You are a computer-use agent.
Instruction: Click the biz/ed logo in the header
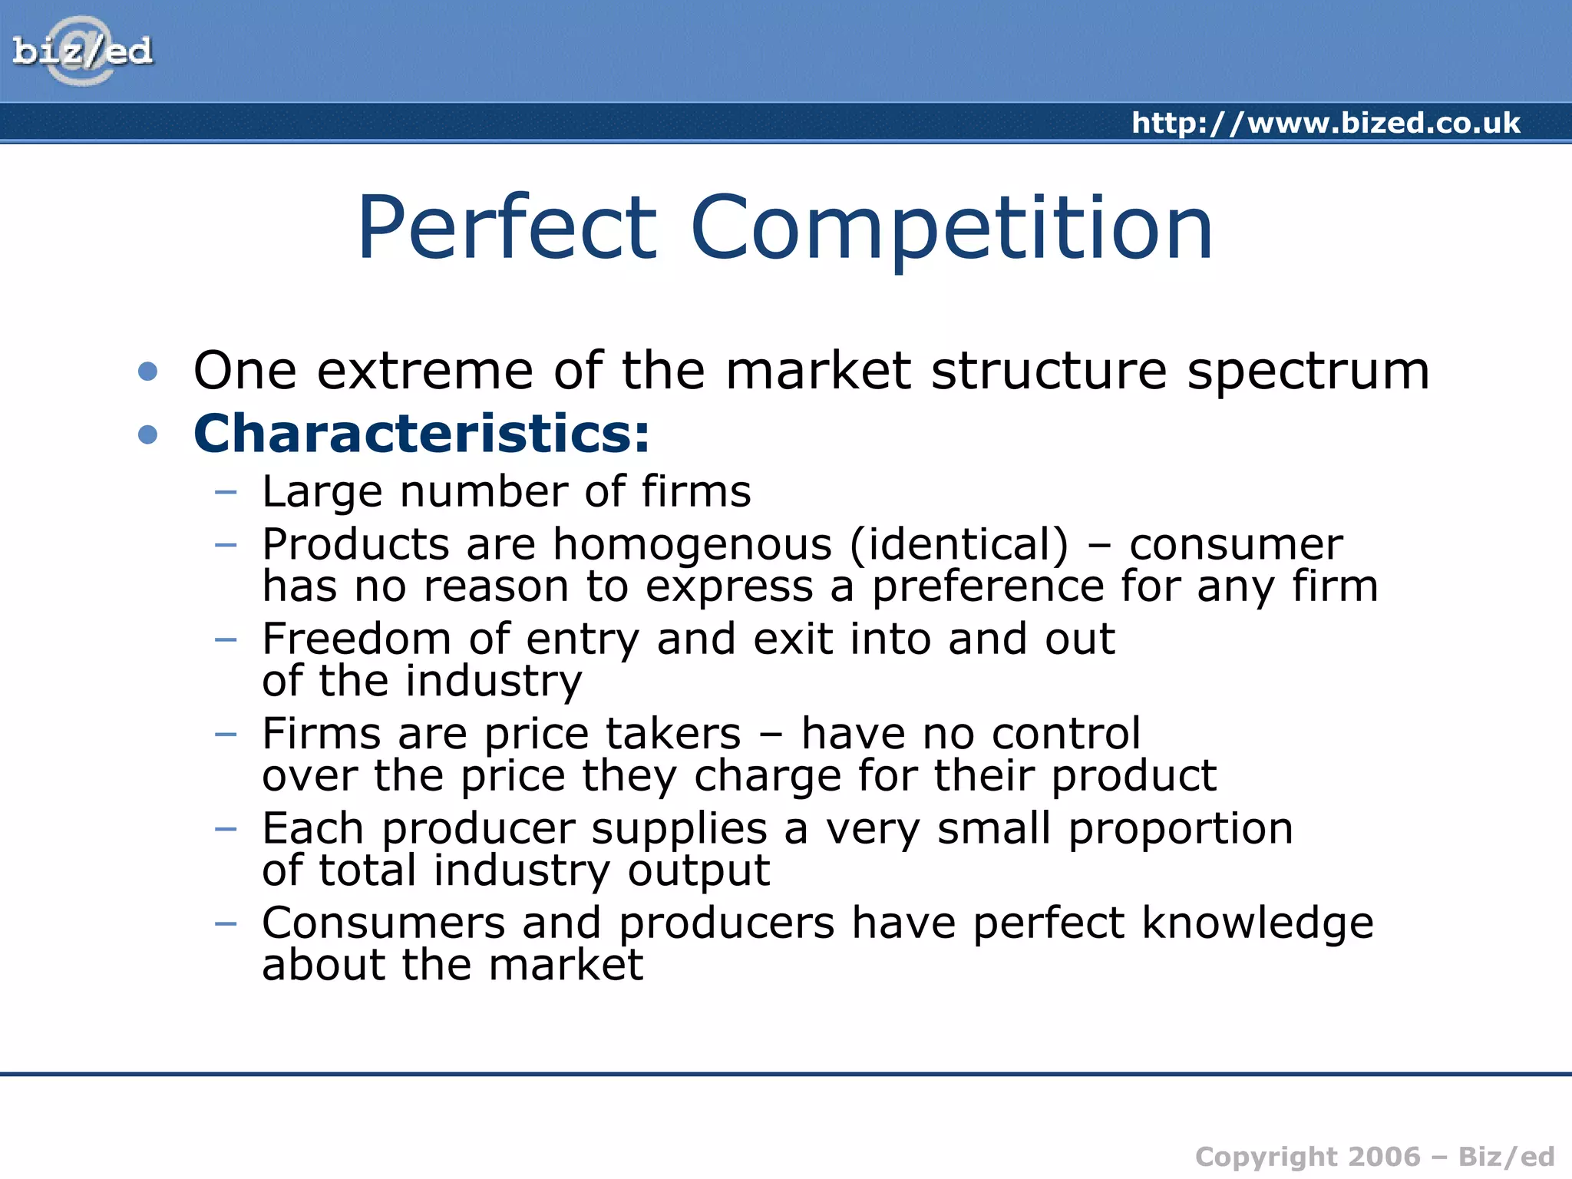(x=82, y=51)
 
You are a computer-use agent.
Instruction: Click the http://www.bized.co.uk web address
(x=1326, y=123)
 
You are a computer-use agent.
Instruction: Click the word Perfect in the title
(x=507, y=228)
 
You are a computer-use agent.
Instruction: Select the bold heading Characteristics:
(x=421, y=434)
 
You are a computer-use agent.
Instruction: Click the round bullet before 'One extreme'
(x=148, y=372)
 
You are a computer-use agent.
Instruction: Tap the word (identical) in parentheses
(x=959, y=545)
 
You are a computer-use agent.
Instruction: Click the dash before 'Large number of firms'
(x=226, y=491)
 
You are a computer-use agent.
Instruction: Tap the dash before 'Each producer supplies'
(x=226, y=829)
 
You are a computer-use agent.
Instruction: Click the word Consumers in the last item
(x=383, y=923)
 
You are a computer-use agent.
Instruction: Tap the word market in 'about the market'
(x=566, y=965)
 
